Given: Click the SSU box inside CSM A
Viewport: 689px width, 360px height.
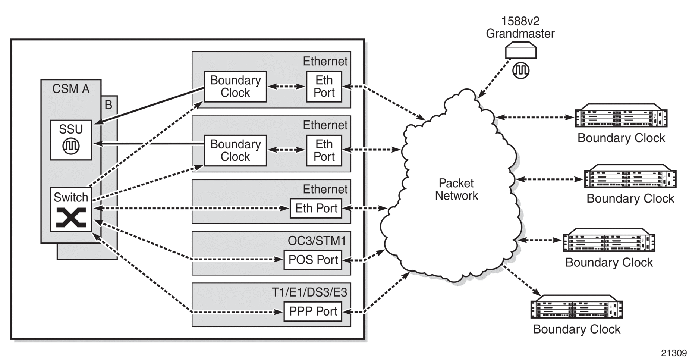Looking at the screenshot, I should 71,140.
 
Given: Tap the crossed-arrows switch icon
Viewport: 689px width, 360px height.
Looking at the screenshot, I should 71,217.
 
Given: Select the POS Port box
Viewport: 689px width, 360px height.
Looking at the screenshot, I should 313,260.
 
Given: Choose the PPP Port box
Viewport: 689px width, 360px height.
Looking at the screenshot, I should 313,311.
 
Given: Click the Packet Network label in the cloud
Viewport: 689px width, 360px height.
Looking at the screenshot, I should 456,190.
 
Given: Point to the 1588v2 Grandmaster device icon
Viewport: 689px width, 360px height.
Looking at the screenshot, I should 520,51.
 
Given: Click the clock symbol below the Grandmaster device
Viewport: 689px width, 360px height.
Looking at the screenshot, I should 520,70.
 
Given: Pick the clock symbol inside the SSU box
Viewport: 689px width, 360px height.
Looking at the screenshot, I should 71,146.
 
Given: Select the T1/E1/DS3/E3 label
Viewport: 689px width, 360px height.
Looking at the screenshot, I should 309,292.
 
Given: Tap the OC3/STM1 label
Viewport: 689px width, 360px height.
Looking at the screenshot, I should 317,241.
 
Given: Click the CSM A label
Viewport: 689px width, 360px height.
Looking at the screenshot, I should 71,89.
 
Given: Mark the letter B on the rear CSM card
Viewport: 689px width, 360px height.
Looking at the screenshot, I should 108,105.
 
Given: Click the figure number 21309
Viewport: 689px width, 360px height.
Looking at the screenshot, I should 674,353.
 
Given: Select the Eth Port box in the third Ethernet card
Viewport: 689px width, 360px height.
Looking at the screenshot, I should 316,208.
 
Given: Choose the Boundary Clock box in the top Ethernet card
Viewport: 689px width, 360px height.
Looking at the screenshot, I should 235,87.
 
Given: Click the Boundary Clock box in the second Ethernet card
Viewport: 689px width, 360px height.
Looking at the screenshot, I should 235,150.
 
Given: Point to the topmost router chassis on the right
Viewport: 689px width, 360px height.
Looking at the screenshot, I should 621,116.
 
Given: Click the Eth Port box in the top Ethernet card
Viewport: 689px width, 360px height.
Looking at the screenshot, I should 324,87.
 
